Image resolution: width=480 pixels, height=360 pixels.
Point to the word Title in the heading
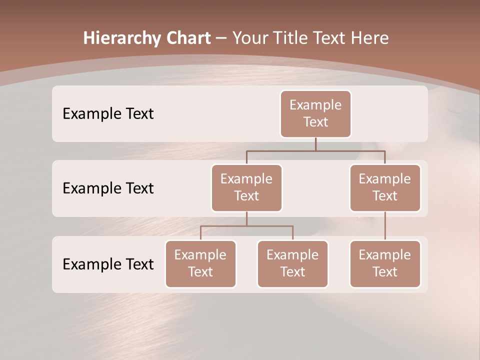[293, 38]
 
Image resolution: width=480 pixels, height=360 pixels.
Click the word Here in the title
[369, 38]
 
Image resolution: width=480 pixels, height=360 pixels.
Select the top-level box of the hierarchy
[315, 114]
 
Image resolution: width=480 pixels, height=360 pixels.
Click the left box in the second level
[246, 188]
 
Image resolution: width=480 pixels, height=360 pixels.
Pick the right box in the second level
[385, 188]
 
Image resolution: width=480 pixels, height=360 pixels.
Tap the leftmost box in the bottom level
[200, 264]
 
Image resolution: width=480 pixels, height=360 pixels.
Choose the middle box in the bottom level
[292, 264]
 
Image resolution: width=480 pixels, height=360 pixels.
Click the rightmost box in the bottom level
[385, 264]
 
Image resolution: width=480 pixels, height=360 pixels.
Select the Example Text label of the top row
[108, 114]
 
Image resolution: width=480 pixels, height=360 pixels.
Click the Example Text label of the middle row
[108, 188]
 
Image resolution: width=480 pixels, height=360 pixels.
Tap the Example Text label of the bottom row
[108, 264]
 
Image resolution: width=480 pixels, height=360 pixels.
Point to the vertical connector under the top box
[315, 144]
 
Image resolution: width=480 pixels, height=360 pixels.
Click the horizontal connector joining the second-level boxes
[315, 150]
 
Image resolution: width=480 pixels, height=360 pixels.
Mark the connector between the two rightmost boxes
[385, 226]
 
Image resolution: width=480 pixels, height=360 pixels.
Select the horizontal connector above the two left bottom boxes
[246, 226]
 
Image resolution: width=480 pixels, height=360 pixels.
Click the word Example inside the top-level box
[315, 105]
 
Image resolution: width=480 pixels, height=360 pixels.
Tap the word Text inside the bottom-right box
[385, 272]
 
